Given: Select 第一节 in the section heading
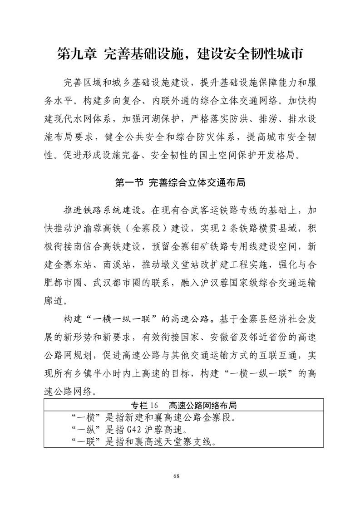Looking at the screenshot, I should coord(126,183).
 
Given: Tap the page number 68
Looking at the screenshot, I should coord(180,475).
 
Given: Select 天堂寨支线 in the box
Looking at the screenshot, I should coord(184,440).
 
